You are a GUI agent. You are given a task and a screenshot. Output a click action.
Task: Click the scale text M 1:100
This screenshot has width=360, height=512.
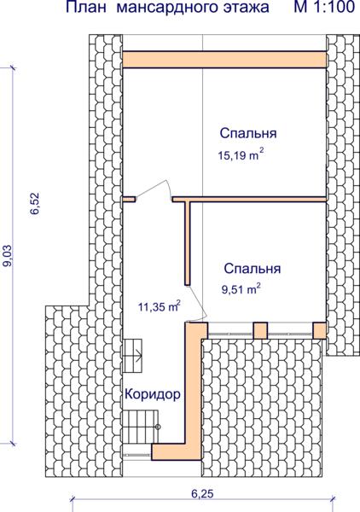324,7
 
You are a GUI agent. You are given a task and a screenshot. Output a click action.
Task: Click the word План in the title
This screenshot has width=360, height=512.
86,7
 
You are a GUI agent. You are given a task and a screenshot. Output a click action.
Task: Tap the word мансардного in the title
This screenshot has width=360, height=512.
167,8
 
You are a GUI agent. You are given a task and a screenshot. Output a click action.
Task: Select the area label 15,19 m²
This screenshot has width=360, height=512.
241,155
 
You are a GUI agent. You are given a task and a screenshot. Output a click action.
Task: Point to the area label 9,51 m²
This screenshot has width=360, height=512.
241,289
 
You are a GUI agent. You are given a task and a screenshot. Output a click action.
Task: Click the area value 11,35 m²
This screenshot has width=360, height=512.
160,306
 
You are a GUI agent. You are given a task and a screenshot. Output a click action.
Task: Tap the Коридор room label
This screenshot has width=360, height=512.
153,394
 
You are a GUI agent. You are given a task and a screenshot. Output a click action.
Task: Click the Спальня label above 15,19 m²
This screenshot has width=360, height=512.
248,133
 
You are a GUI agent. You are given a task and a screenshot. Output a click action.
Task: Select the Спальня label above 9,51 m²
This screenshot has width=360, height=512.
253,269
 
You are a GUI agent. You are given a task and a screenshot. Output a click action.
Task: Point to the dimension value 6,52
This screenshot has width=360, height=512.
35,203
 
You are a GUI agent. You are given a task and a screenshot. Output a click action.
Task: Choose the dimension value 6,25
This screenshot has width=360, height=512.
202,494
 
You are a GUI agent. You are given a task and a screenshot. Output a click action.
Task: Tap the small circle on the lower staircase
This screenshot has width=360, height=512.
159,427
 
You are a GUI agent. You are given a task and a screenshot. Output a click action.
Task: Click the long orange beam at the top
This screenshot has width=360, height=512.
224,59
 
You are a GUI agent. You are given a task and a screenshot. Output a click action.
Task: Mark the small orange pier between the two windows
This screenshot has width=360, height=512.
260,330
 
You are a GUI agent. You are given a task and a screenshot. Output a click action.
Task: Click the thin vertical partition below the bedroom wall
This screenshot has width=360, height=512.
188,243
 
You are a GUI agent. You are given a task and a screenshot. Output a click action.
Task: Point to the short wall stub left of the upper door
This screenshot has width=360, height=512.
129,199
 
